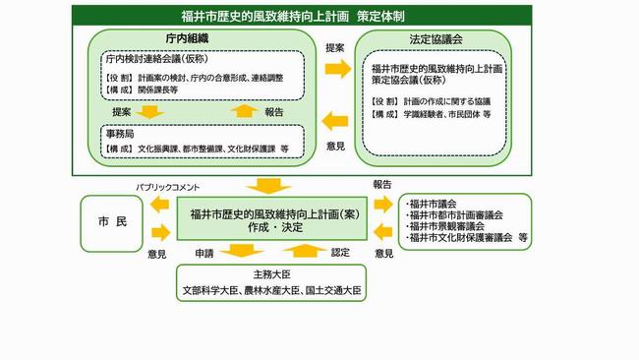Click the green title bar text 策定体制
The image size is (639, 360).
pyautogui.click(x=380, y=17)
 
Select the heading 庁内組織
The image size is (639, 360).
pyautogui.click(x=188, y=38)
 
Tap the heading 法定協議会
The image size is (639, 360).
pyautogui.click(x=436, y=39)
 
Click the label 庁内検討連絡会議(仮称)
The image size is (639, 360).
pyautogui.click(x=157, y=59)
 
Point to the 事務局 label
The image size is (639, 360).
pyautogui.click(x=120, y=134)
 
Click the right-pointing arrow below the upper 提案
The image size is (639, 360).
pyautogui.click(x=338, y=68)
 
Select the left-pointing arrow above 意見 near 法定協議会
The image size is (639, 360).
pyautogui.click(x=335, y=121)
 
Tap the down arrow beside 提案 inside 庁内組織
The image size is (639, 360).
pyautogui.click(x=150, y=112)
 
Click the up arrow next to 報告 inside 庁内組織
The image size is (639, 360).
pyautogui.click(x=244, y=111)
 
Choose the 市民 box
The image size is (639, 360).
pyautogui.click(x=112, y=223)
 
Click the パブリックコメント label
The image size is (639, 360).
pyautogui.click(x=168, y=188)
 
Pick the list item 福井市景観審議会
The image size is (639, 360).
pyautogui.click(x=446, y=226)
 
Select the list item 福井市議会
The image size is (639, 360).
pyautogui.click(x=433, y=204)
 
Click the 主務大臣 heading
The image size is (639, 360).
pyautogui.click(x=271, y=274)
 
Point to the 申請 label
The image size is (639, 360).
pyautogui.click(x=204, y=253)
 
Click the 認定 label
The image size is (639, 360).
pyautogui.click(x=340, y=253)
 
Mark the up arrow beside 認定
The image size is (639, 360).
pyautogui.click(x=305, y=251)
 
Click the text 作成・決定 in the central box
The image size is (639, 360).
pyautogui.click(x=275, y=227)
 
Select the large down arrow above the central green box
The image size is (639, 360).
pyautogui.click(x=268, y=186)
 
